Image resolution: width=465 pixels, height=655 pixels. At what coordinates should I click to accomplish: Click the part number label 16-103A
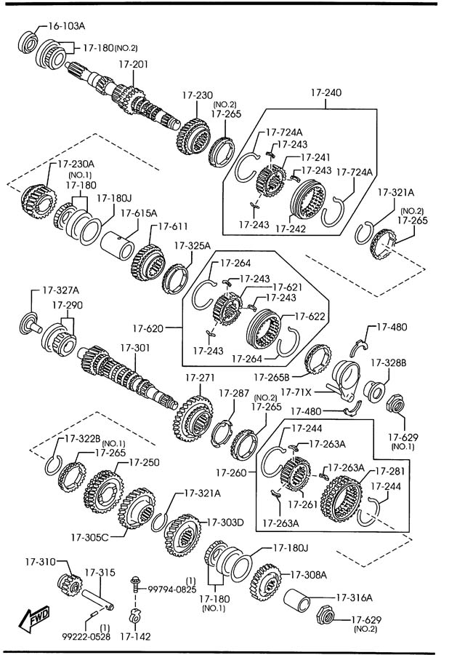tap(67, 26)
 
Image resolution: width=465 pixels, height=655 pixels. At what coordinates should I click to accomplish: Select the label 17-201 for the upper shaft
tap(133, 65)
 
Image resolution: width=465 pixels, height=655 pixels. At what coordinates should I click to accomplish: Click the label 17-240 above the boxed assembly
tap(326, 93)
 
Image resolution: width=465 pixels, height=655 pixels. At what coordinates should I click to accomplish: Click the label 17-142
tap(136, 636)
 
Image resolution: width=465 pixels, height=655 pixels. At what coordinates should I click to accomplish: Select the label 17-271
tap(200, 378)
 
